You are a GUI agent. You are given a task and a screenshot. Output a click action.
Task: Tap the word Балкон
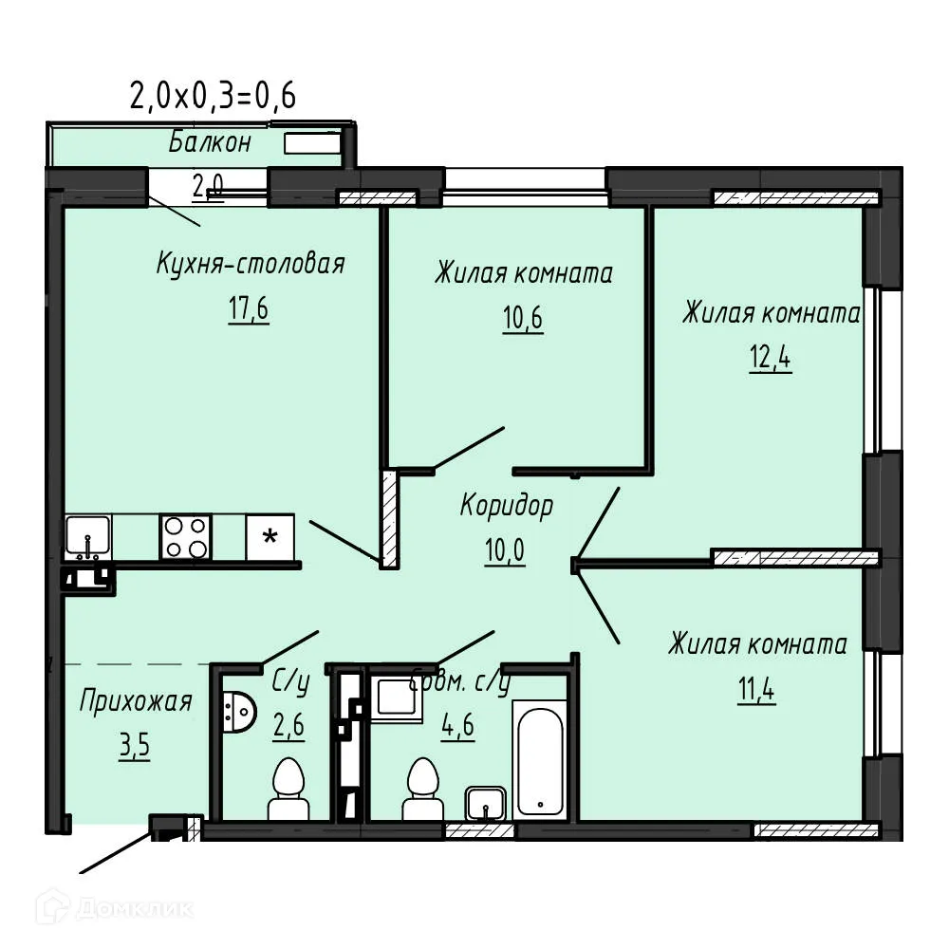click(210, 143)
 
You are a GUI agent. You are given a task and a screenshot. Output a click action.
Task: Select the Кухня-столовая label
click(250, 264)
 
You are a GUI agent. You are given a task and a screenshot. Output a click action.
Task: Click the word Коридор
click(506, 506)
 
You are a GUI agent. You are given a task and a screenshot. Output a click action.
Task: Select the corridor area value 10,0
click(506, 550)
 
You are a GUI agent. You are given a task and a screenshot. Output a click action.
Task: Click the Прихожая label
click(136, 702)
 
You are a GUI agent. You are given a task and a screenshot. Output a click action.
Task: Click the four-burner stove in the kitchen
click(184, 537)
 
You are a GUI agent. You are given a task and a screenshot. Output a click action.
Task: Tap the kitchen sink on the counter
click(88, 537)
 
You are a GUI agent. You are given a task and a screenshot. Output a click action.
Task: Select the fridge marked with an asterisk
click(270, 537)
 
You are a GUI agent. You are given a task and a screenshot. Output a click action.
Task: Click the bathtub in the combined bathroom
click(539, 759)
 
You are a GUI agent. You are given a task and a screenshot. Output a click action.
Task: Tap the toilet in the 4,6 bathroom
click(421, 790)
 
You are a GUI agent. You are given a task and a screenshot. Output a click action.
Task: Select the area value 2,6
click(288, 728)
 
